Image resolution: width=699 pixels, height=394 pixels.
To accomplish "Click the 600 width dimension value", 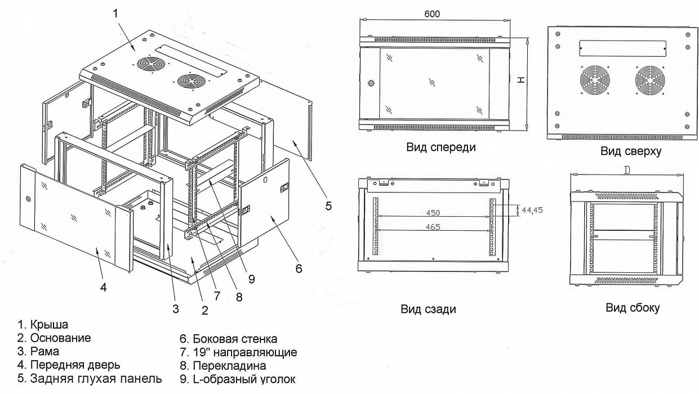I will [432, 14].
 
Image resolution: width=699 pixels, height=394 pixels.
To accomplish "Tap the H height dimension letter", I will [522, 80].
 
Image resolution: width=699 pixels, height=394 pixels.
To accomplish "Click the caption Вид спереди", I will [441, 147].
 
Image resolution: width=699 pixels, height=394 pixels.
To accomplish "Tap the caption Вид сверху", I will [630, 151].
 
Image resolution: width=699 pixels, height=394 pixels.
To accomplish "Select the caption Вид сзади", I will [429, 309].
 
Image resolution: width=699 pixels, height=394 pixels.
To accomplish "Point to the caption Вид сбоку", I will [633, 307].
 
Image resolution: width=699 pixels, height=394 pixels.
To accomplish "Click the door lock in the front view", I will [371, 84].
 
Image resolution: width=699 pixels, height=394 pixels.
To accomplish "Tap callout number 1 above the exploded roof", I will [115, 14].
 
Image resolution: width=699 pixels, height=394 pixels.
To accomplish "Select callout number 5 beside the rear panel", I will [328, 205].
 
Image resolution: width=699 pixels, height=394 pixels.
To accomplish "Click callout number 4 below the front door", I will [104, 287].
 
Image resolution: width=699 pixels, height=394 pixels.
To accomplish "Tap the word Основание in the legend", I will [60, 338].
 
